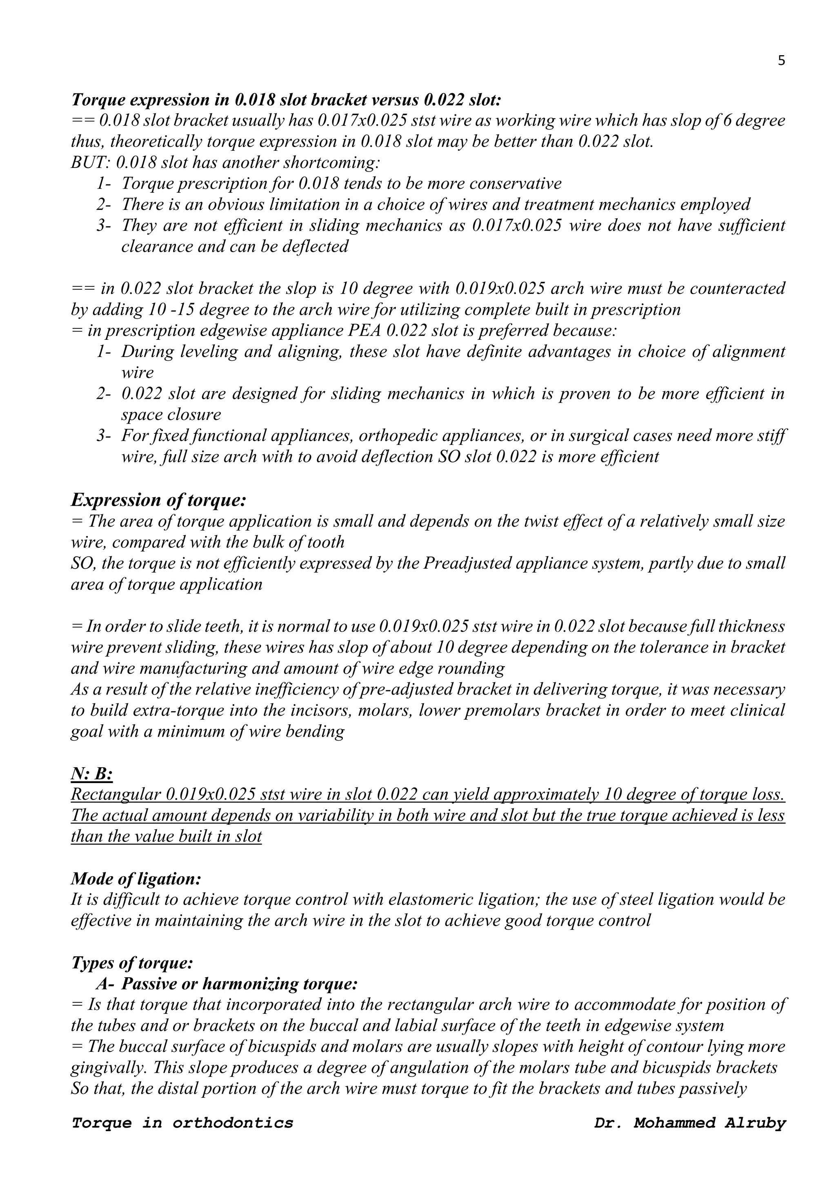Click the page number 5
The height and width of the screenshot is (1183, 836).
coord(781,61)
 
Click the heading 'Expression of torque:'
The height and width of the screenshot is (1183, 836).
coord(158,500)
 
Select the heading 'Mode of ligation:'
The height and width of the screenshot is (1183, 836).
coord(136,879)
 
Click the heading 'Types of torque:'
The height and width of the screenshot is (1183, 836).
coord(132,962)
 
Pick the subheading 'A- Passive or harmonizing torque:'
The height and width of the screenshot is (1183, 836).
coord(227,984)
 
